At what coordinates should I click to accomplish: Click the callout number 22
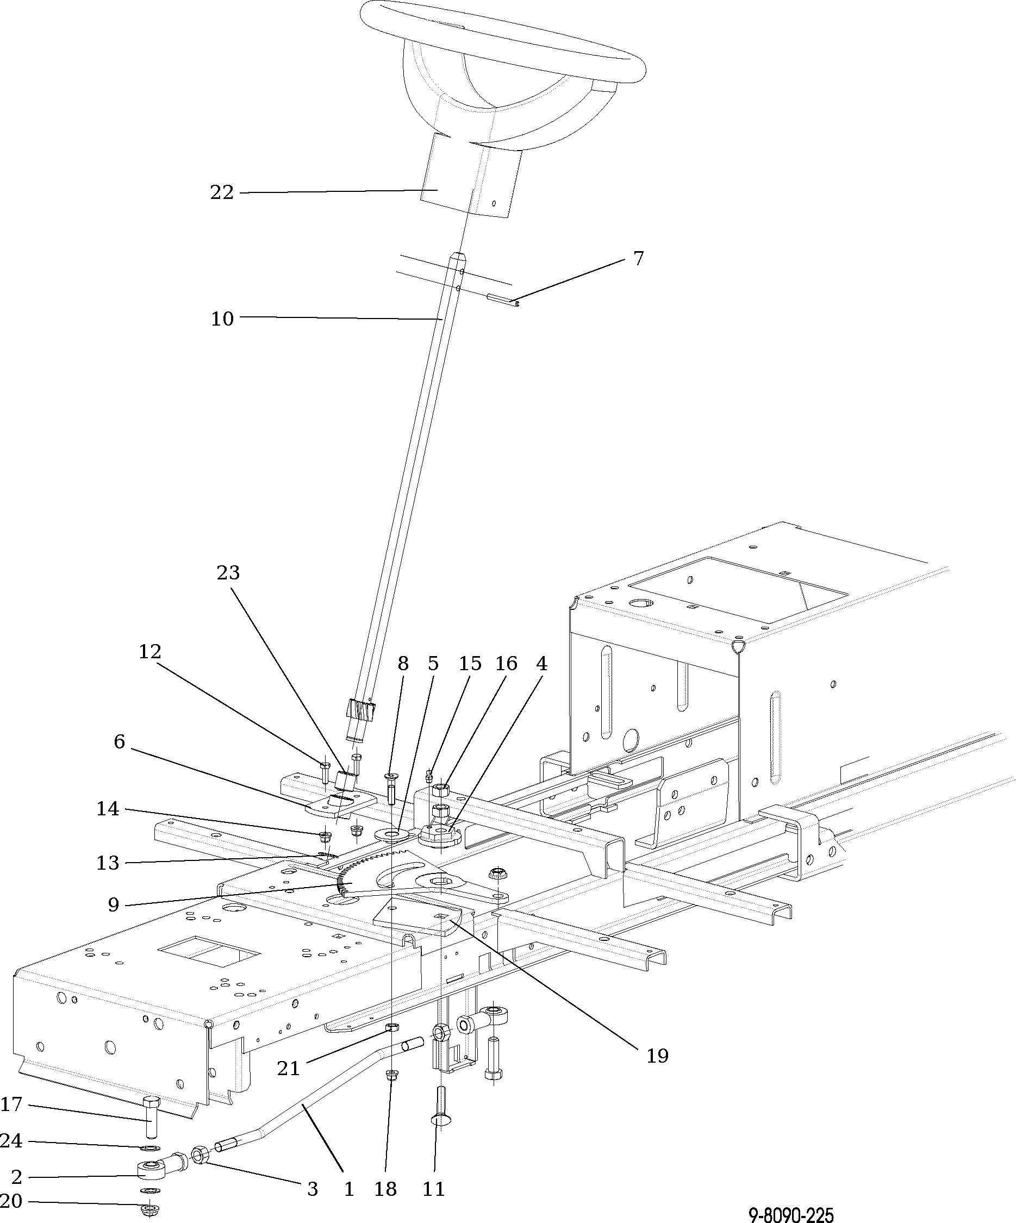click(x=221, y=192)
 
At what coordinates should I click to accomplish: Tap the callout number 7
click(x=639, y=258)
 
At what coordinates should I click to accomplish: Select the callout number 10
click(x=221, y=319)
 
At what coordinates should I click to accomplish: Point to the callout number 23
click(x=228, y=573)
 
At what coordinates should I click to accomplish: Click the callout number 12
click(x=149, y=651)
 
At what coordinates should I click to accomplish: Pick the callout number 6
click(x=119, y=741)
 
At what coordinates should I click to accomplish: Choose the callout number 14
click(x=108, y=808)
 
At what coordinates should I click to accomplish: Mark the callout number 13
click(x=108, y=863)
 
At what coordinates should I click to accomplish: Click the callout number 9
click(x=114, y=904)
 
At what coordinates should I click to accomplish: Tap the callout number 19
click(x=657, y=1055)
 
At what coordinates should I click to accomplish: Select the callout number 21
click(x=288, y=1068)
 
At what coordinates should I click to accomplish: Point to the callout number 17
click(x=11, y=1104)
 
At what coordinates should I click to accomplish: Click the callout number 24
click(x=11, y=1141)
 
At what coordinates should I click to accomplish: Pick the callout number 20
click(x=11, y=1201)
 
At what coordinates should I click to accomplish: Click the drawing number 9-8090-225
click(x=790, y=1215)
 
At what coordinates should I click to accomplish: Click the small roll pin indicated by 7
click(x=502, y=299)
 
